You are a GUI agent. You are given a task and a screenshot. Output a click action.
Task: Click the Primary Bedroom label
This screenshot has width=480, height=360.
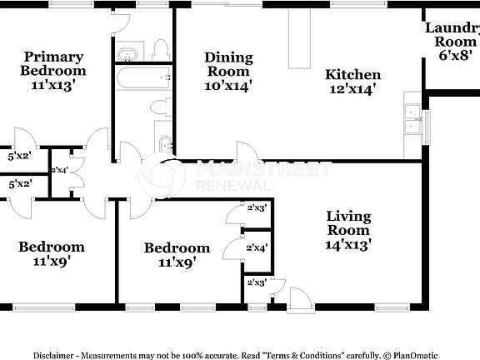52,70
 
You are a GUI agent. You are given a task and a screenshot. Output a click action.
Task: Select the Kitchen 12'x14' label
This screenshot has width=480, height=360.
352,81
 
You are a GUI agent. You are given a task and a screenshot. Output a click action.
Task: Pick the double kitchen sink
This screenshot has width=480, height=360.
412,119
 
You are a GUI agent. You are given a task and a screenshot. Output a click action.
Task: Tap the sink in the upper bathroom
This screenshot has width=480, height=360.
127,56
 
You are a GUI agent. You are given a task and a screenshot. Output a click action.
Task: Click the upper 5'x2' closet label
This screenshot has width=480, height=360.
18,156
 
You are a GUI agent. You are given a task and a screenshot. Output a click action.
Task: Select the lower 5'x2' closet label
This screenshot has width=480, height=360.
18,184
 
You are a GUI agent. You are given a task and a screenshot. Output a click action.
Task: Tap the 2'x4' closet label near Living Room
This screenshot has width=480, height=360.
257,247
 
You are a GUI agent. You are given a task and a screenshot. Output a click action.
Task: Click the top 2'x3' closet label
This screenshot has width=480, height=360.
257,208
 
